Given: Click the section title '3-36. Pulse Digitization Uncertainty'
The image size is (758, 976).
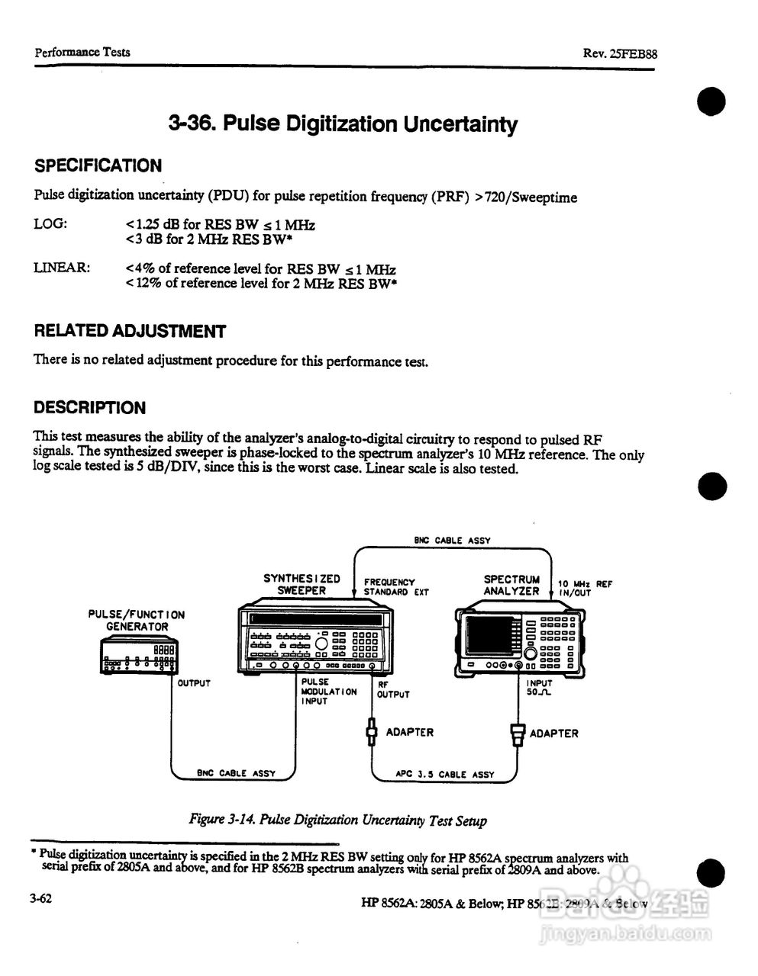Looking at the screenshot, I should (x=342, y=124).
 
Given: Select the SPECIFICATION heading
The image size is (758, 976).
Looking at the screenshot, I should (x=98, y=166).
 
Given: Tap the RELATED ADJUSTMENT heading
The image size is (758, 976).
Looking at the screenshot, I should (x=130, y=331).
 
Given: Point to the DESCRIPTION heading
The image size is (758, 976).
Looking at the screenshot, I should (x=89, y=408).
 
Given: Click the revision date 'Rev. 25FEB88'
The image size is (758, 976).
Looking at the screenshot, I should (x=620, y=53).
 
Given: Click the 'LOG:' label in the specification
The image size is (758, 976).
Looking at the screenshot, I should (x=50, y=225).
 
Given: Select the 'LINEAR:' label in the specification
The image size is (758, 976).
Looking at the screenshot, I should (x=62, y=268).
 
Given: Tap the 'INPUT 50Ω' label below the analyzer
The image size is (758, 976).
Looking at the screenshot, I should (x=539, y=689).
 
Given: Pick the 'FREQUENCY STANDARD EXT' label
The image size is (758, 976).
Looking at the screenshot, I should (x=395, y=586).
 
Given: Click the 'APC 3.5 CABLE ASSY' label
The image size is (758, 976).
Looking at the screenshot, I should (x=445, y=774).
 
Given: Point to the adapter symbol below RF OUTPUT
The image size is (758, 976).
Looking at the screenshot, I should (x=372, y=733).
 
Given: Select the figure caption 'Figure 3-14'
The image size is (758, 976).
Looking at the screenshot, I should (x=337, y=820).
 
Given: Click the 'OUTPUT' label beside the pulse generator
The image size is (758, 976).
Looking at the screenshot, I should (x=193, y=683).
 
